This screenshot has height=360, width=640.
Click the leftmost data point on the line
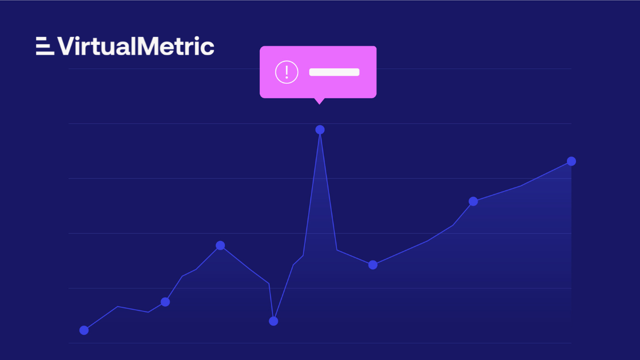pyautogui.click(x=84, y=330)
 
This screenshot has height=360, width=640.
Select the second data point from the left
pyautogui.click(x=165, y=302)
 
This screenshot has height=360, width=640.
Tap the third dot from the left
pyautogui.click(x=220, y=245)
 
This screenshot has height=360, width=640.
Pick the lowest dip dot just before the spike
pyautogui.click(x=274, y=321)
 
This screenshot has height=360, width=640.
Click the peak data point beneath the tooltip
pyautogui.click(x=320, y=130)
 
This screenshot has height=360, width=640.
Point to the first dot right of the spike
pyautogui.click(x=373, y=265)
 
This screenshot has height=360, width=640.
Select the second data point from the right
pyautogui.click(x=473, y=201)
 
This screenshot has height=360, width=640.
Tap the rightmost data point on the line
pyautogui.click(x=571, y=161)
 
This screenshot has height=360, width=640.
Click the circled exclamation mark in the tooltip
pyautogui.click(x=286, y=72)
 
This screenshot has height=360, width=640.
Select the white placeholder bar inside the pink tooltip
pyautogui.click(x=334, y=72)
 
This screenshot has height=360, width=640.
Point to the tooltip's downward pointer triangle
pyautogui.click(x=319, y=100)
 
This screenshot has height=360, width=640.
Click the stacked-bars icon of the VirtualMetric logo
pyautogui.click(x=44, y=46)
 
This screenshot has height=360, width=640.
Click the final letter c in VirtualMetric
pyautogui.click(x=208, y=48)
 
